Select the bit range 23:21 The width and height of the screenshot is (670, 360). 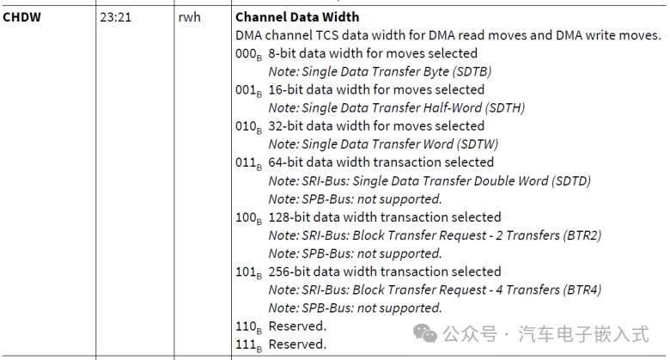[x=114, y=16]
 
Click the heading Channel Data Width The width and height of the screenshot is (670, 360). [x=296, y=16]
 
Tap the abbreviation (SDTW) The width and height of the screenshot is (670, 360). [x=476, y=144]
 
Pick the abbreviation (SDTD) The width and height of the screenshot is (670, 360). [x=569, y=180]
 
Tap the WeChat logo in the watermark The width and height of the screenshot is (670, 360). [x=427, y=333]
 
